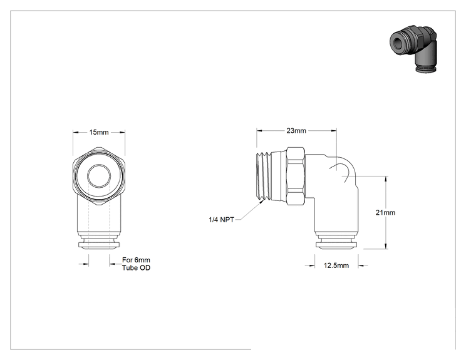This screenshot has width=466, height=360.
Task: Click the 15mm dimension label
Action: (x=99, y=132)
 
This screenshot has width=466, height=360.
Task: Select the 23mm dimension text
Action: (x=296, y=130)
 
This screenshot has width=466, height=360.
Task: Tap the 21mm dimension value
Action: (x=385, y=212)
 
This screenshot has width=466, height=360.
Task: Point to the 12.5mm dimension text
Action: (x=336, y=265)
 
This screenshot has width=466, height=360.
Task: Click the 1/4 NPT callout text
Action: (x=221, y=220)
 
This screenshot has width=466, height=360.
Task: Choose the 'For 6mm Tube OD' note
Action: (x=136, y=264)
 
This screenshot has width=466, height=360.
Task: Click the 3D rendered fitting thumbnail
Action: (x=413, y=49)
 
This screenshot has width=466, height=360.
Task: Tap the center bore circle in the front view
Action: (x=99, y=176)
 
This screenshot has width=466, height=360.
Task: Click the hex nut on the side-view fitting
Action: (x=296, y=176)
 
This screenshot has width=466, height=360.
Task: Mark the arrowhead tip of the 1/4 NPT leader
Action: (x=264, y=200)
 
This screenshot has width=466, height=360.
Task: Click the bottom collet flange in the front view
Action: (x=99, y=245)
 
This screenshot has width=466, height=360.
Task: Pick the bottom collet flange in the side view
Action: (x=336, y=245)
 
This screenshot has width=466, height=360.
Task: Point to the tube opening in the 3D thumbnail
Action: (x=396, y=42)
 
